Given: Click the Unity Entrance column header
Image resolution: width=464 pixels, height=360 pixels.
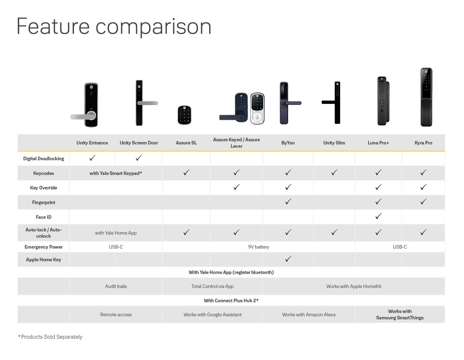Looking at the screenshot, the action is click(x=92, y=143).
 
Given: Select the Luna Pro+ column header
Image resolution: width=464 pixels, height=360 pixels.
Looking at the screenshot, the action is click(x=378, y=143).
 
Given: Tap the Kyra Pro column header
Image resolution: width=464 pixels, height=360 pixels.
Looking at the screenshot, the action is click(x=423, y=143).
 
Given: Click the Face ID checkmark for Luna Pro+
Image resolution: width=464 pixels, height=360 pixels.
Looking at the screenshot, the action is click(x=378, y=216).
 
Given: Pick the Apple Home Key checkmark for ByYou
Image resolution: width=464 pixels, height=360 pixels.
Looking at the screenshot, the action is click(x=288, y=259).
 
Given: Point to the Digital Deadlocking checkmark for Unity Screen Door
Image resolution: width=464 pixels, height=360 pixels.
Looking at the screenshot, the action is click(x=139, y=158).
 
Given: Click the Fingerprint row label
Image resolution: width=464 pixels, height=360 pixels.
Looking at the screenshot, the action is click(x=43, y=202).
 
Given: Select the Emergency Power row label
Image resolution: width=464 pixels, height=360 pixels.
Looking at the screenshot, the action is click(x=43, y=247).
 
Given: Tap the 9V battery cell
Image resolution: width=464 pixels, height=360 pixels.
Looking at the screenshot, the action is click(x=258, y=247).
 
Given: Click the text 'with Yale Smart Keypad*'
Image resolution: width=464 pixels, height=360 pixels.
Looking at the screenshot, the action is click(x=116, y=173).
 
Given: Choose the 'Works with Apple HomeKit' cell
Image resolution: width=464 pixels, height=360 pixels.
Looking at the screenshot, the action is click(x=353, y=286).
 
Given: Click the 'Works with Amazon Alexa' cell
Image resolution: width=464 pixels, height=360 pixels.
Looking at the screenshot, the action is click(x=308, y=314).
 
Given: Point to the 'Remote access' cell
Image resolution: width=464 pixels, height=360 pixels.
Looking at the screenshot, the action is click(x=116, y=314).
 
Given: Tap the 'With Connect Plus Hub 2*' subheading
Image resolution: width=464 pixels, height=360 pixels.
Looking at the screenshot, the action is click(x=231, y=300).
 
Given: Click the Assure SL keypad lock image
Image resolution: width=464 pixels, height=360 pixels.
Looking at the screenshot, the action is click(x=184, y=115).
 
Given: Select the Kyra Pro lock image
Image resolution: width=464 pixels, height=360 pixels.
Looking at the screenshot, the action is click(x=426, y=97).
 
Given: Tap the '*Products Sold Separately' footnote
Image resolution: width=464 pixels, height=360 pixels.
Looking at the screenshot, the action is click(x=50, y=337).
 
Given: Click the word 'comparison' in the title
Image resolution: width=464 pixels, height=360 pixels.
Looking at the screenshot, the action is click(x=153, y=27).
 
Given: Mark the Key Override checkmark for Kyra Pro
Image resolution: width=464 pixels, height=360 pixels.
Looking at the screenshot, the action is click(x=423, y=187).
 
